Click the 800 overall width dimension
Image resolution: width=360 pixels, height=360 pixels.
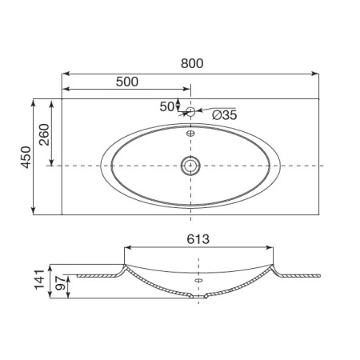point(192,63)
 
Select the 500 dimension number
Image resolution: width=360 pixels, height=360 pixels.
point(127,82)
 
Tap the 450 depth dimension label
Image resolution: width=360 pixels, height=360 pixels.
point(26,157)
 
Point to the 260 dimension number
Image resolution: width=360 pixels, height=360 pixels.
point(44,134)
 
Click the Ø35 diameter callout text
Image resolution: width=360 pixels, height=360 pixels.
point(225,115)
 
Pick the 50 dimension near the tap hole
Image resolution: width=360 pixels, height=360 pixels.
point(167,106)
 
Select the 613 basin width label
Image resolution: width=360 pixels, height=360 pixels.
point(198,239)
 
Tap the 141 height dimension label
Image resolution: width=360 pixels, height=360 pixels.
point(39,279)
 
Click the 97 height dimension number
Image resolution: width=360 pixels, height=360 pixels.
point(60,283)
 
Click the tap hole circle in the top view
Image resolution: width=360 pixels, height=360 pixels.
point(190,111)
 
